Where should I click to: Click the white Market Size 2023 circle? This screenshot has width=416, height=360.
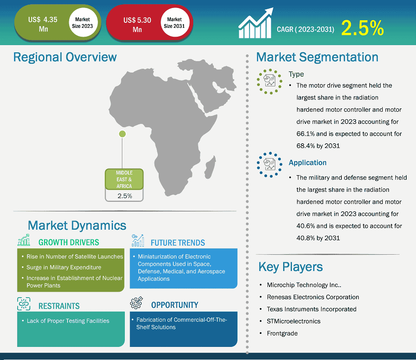point(83,22)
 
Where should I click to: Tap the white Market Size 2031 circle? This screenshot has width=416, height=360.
point(174,22)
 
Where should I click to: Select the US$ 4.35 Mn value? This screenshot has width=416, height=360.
point(43,24)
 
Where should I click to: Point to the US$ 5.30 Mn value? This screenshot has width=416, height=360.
point(137,24)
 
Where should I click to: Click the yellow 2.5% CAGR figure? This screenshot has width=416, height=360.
point(362,28)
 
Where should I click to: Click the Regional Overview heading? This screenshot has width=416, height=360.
point(65,57)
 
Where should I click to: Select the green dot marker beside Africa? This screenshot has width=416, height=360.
point(122,134)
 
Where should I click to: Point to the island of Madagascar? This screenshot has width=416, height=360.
point(211,167)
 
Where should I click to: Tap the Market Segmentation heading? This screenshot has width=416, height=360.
point(317,57)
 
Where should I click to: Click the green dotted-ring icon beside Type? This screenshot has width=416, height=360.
point(269,81)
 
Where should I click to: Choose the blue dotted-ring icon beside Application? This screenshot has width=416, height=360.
point(269,165)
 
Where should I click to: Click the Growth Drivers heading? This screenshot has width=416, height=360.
point(69,242)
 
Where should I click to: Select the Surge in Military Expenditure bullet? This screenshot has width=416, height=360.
point(64,267)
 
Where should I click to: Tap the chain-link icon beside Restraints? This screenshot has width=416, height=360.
point(24,304)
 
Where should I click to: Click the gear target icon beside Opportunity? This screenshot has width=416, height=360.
point(136,303)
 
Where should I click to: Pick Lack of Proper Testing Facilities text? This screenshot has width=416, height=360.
point(68,321)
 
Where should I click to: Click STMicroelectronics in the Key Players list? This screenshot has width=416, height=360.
point(293,321)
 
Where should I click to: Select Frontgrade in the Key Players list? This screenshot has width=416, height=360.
point(282,333)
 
